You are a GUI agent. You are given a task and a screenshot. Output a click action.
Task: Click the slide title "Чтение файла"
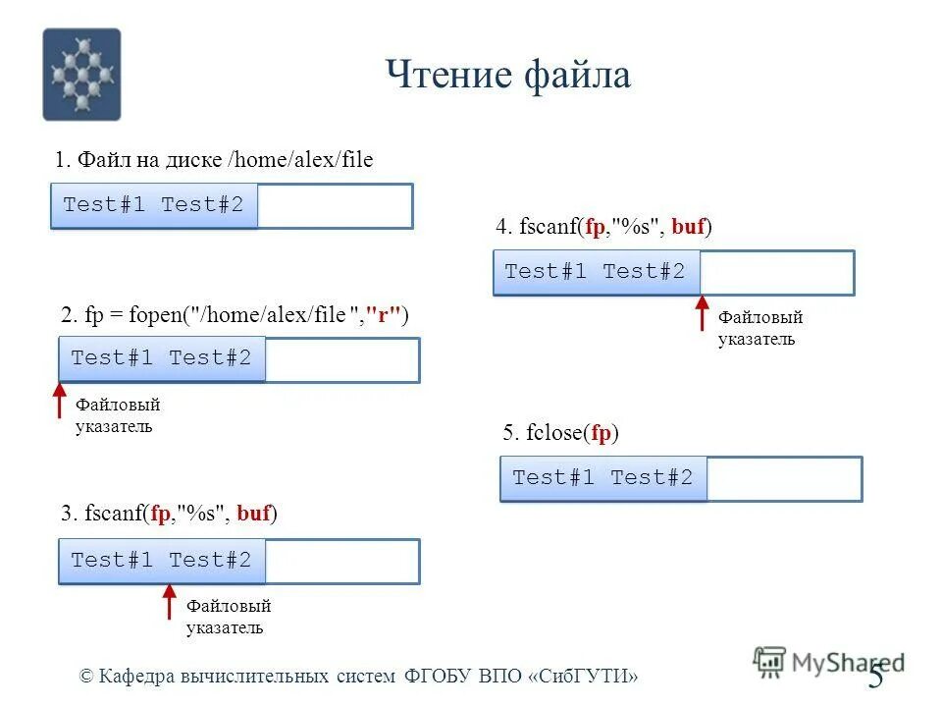pos(507,76)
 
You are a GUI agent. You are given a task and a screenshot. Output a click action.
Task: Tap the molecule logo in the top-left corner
pos(81,74)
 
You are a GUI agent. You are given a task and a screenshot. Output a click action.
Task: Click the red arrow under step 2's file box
pos(58,404)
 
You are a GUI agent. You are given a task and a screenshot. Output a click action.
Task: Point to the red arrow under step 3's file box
pos(169,603)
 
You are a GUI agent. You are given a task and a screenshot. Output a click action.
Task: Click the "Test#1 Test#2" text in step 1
pos(153,205)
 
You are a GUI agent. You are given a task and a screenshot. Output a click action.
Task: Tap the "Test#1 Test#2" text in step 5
pos(602,478)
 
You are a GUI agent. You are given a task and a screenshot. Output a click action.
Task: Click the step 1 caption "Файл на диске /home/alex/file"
pos(214,160)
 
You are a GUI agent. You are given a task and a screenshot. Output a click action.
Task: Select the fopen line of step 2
pos(235,315)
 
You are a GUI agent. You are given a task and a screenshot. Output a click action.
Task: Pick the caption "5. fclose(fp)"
pos(560,433)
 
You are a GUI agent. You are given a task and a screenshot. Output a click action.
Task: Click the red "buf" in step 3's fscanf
pos(253,513)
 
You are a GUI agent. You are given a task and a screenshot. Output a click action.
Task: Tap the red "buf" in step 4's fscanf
pos(688,227)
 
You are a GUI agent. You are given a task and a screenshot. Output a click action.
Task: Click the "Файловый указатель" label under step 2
pos(117,416)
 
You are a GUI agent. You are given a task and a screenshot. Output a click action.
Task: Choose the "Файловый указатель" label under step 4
pos(760,329)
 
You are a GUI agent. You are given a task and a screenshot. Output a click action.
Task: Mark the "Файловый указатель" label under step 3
pos(228,617)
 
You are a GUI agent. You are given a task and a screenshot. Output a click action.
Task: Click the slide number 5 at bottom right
pos(875,678)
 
